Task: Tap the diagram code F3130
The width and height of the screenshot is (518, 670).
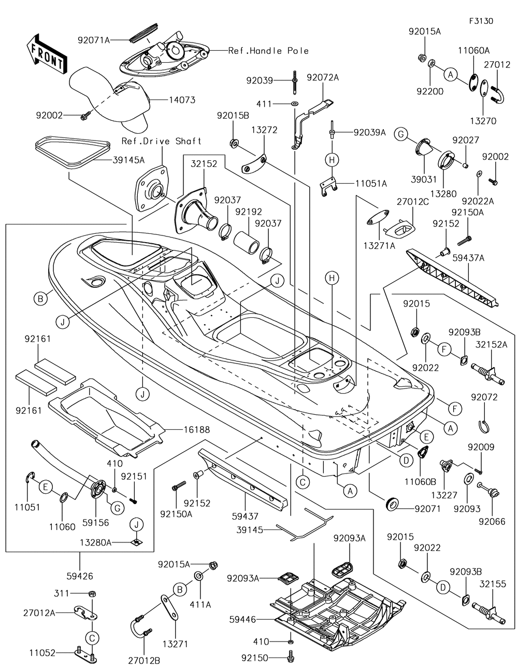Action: (481, 21)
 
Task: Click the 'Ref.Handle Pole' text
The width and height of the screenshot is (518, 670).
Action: (268, 51)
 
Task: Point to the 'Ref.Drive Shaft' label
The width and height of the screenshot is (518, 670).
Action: (161, 141)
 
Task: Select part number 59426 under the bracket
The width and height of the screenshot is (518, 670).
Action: (80, 576)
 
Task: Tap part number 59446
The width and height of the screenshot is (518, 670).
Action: (241, 619)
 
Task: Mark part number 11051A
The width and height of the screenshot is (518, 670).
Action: (371, 183)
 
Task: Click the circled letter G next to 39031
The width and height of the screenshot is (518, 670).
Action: (400, 134)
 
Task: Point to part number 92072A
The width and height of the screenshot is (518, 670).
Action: (323, 77)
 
